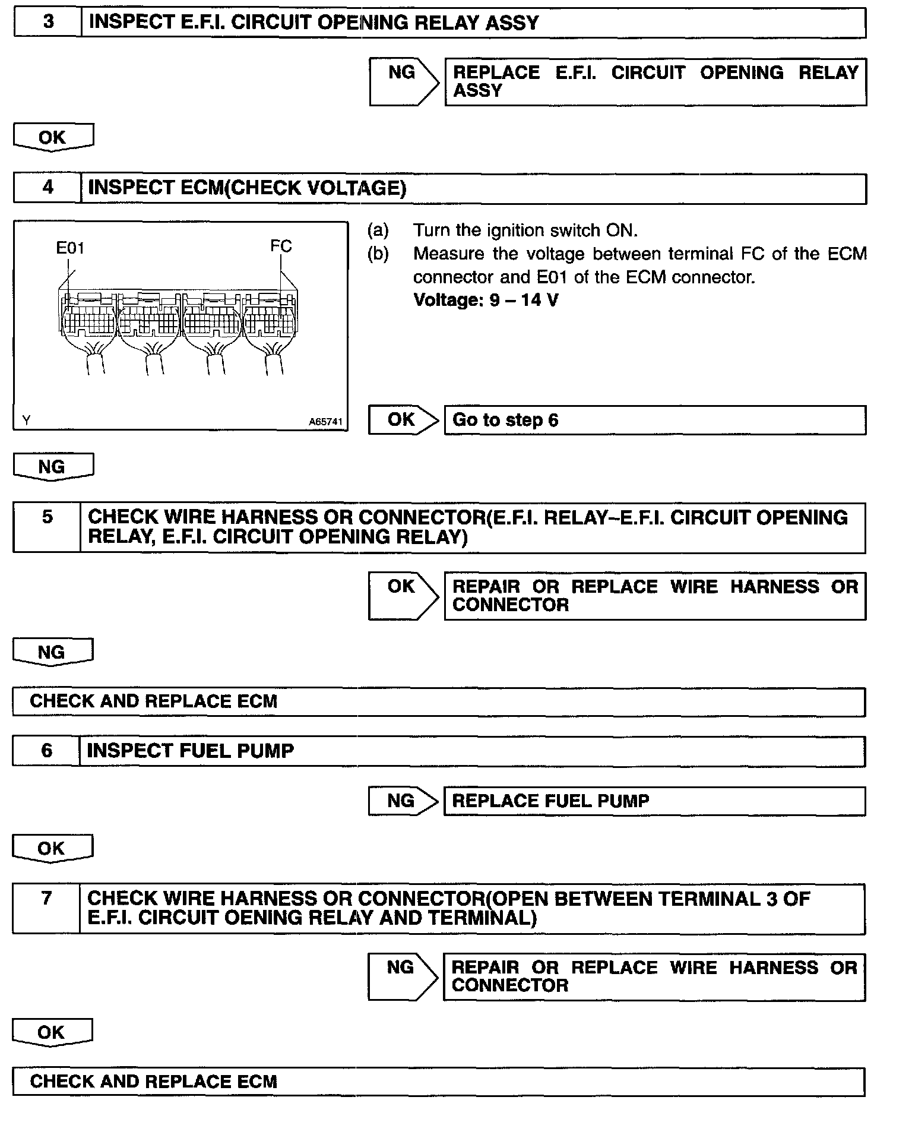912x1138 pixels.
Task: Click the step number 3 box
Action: coord(47,23)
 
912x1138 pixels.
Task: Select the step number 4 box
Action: coord(47,188)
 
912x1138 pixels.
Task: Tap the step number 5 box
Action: coord(47,527)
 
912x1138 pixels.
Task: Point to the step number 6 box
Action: coord(46,751)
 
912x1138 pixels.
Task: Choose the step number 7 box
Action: coord(46,908)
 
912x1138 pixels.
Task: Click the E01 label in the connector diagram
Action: coord(70,248)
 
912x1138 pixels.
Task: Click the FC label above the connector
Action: coord(281,246)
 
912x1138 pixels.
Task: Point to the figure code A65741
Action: coord(325,422)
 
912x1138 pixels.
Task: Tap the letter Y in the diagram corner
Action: coord(26,421)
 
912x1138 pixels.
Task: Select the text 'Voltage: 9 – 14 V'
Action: coord(486,300)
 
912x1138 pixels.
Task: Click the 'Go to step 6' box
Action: coord(654,420)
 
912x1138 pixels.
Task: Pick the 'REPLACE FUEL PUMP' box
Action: coord(654,801)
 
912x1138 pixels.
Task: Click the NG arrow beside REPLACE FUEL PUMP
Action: coord(403,801)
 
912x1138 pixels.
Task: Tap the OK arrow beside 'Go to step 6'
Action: coord(403,420)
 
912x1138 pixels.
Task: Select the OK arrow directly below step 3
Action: coord(53,137)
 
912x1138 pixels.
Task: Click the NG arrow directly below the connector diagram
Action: coord(53,467)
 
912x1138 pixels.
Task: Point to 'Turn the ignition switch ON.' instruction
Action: coord(525,230)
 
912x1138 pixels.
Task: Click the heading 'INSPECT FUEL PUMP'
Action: coord(190,751)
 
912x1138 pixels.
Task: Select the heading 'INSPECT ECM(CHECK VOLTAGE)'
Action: coord(247,188)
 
